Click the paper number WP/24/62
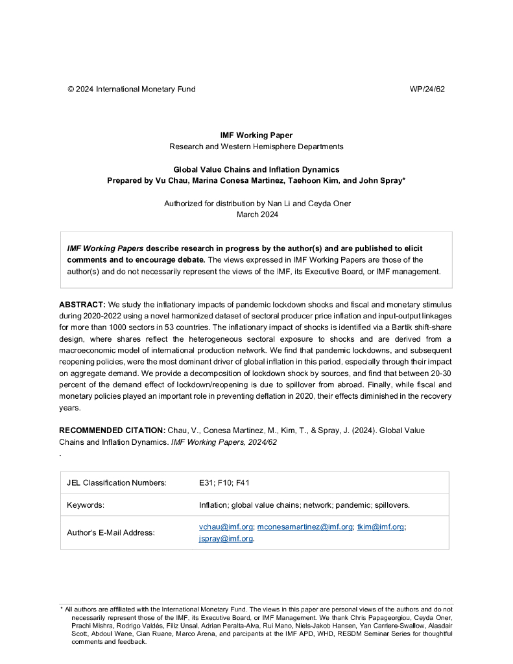click(x=427, y=89)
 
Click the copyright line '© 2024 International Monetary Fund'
click(x=131, y=89)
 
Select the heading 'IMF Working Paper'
click(x=256, y=136)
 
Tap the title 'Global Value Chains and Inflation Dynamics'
click(x=256, y=169)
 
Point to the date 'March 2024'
click(x=257, y=215)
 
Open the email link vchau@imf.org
click(x=226, y=527)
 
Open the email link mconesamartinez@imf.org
click(x=305, y=527)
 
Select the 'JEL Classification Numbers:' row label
click(x=117, y=482)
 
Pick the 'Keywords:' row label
click(x=86, y=504)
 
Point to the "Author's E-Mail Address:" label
click(x=111, y=533)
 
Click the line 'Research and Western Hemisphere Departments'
click(x=256, y=147)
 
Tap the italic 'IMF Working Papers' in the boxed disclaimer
click(x=105, y=248)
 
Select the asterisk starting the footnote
click(x=62, y=610)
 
